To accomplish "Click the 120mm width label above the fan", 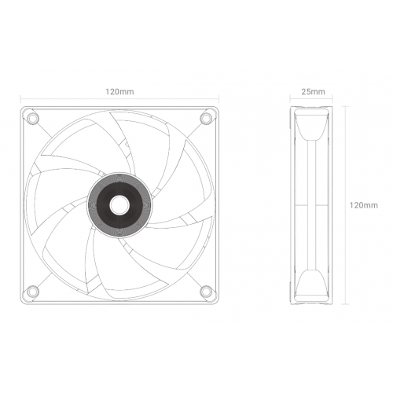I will click(x=119, y=92).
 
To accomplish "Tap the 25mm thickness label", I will click(x=313, y=92).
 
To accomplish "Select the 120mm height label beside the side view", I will click(x=362, y=204).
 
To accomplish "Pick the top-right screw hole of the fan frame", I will click(x=206, y=118).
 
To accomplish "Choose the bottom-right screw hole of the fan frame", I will click(x=206, y=290).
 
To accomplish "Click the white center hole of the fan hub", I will click(x=119, y=204).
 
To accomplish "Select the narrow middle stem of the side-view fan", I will click(x=313, y=204).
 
